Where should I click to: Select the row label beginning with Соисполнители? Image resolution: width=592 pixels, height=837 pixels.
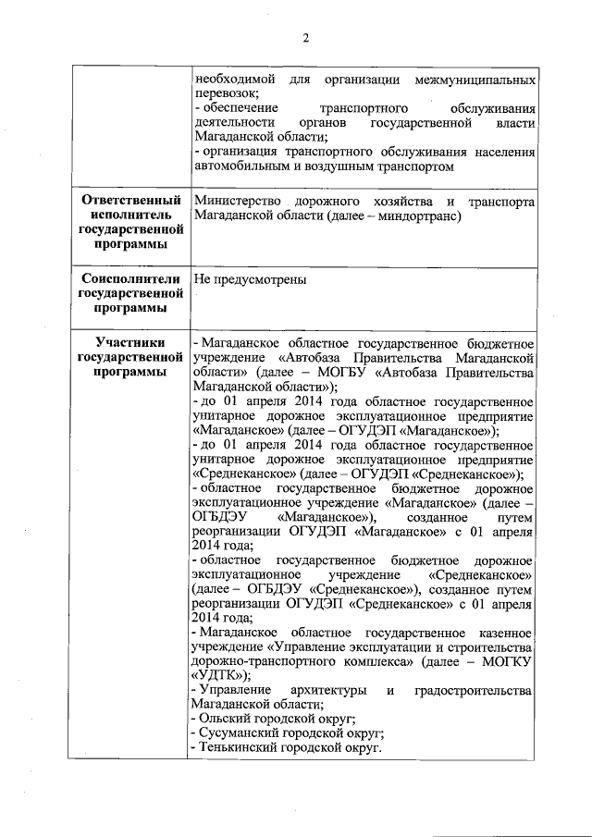[x=129, y=293]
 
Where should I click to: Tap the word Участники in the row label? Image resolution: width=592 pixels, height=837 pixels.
[x=129, y=343]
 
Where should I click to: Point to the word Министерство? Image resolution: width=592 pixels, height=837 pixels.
[x=234, y=201]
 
